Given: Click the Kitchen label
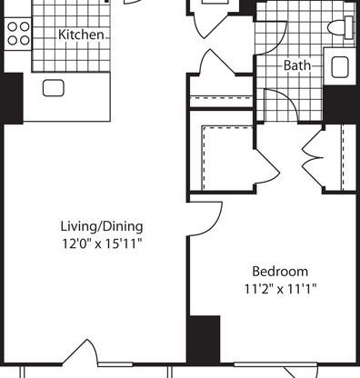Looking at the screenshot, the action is click(x=81, y=35).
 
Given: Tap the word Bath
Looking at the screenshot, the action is click(x=297, y=65).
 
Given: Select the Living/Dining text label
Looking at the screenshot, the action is click(x=102, y=226).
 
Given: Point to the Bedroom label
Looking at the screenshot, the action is click(x=280, y=272).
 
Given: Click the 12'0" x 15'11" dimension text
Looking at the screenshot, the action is click(x=102, y=244).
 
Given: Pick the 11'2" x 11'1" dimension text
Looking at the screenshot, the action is click(x=280, y=289).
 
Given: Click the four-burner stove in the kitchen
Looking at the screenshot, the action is click(x=18, y=34).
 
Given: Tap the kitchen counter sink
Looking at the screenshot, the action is click(x=54, y=88).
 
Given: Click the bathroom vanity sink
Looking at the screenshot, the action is click(x=340, y=67).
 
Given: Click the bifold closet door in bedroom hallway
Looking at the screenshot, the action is click(x=313, y=157).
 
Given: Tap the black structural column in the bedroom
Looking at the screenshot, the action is click(x=204, y=339).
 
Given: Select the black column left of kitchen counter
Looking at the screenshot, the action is click(x=13, y=98).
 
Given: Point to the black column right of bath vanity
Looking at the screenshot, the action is click(x=339, y=104).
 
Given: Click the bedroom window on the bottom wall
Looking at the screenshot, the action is click(x=275, y=364).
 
